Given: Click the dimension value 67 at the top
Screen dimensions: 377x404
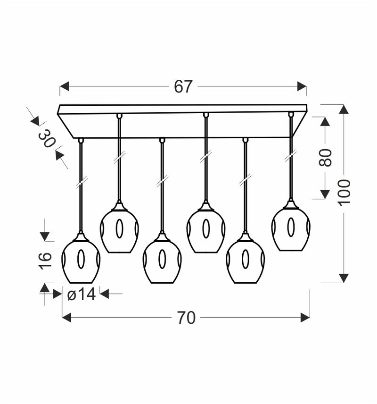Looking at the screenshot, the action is [x=183, y=86].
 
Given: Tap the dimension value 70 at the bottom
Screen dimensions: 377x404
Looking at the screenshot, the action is [x=186, y=318].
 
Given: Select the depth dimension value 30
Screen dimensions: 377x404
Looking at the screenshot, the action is [x=47, y=139].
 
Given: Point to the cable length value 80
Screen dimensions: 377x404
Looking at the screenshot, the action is [x=325, y=158].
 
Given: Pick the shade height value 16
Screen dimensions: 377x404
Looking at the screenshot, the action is [x=46, y=261].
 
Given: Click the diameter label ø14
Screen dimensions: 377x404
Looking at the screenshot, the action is [x=82, y=294].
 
